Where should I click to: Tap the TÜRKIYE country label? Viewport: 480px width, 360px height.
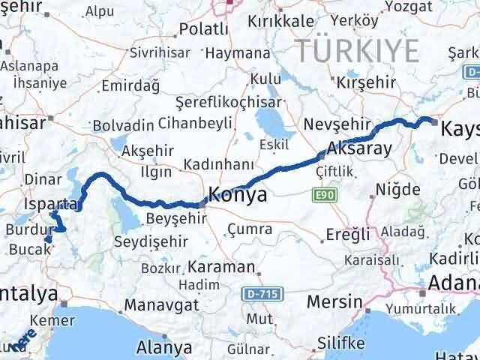(x=356, y=51)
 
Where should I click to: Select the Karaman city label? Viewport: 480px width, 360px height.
(x=222, y=266)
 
